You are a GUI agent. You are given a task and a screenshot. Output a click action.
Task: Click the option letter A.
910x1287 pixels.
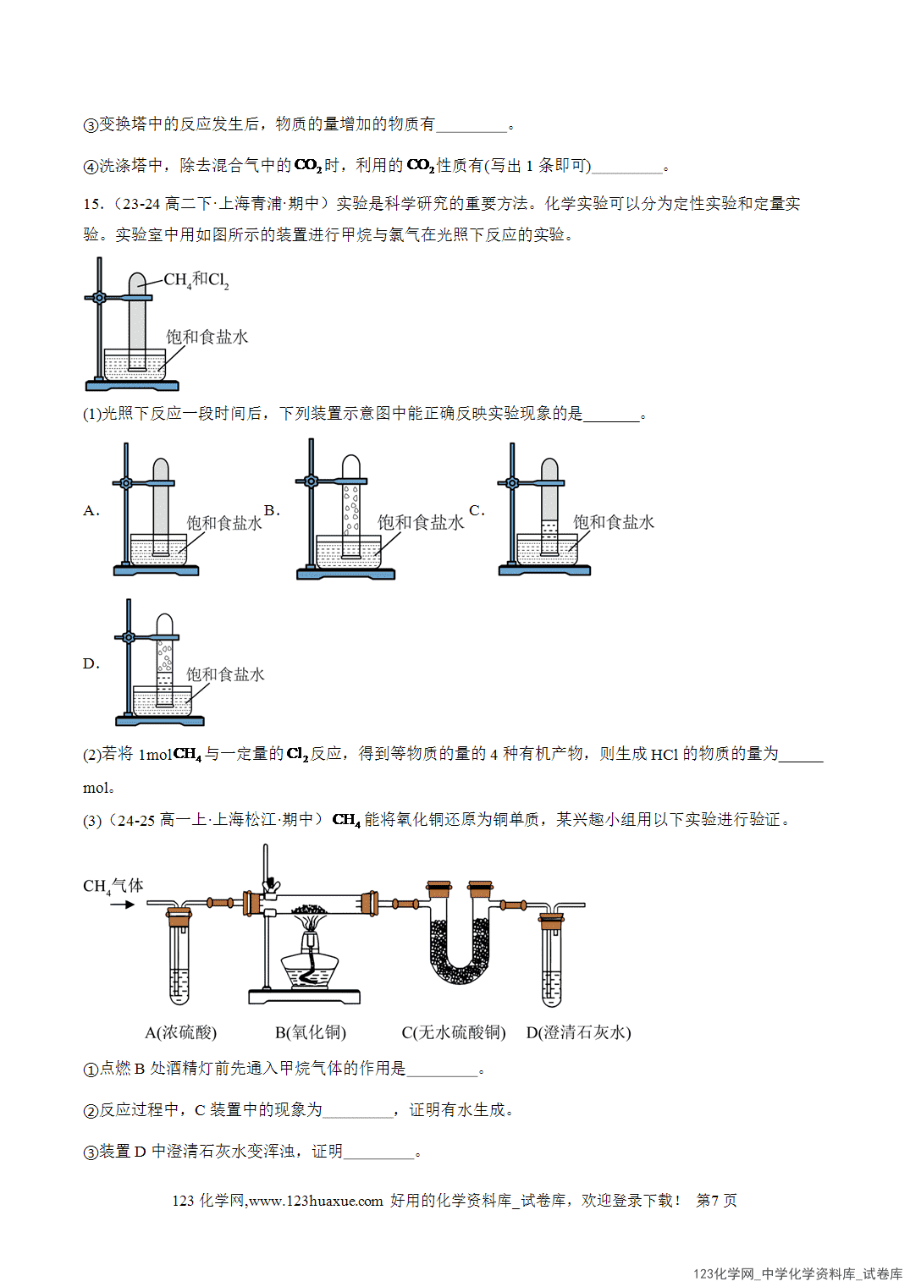coord(91,511)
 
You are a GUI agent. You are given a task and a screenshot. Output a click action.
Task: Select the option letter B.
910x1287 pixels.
coord(272,509)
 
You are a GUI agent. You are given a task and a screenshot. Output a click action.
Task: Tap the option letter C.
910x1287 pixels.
coord(477,509)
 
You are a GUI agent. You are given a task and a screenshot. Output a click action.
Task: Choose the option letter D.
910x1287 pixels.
coord(91,664)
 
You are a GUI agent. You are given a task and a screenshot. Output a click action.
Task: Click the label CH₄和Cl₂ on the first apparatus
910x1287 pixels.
coord(196,280)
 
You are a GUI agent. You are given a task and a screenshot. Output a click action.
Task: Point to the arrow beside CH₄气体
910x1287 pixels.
coord(122,905)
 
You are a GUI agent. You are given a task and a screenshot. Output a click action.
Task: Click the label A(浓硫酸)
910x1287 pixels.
coord(180,1032)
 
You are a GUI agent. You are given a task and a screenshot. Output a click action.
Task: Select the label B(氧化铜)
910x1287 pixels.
coord(311,1032)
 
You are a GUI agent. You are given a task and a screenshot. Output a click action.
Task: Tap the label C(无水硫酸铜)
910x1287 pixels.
coord(454,1032)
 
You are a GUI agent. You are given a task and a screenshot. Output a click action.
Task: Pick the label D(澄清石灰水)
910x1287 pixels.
coord(578,1032)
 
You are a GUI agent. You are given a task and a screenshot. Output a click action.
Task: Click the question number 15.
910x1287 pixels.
coord(93,204)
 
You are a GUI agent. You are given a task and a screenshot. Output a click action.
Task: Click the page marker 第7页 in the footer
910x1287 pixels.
coord(716,1200)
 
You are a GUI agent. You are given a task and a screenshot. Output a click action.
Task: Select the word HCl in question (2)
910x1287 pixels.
coord(665,755)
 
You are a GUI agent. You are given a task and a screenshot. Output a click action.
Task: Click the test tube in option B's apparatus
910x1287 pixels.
coord(351,506)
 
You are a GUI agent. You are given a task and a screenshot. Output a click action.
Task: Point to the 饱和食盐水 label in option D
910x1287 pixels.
coord(225,674)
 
